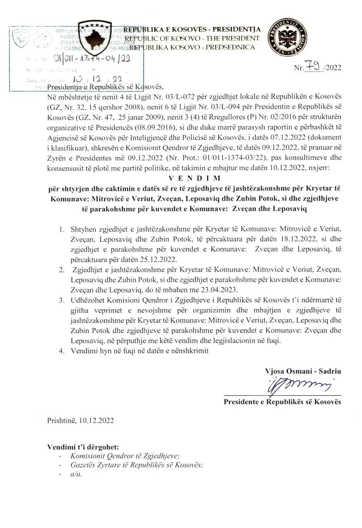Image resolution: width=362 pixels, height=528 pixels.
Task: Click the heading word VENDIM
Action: [194, 178]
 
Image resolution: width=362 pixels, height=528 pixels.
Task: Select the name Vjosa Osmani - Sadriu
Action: [303, 371]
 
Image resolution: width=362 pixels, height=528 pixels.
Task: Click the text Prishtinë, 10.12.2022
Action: [80, 420]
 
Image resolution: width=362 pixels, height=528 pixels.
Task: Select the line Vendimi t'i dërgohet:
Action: [83, 447]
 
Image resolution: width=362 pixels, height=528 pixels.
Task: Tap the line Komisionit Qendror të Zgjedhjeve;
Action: [125, 456]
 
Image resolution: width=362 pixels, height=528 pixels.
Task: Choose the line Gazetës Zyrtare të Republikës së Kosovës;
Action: [137, 465]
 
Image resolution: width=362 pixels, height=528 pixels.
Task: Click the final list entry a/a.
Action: [76, 474]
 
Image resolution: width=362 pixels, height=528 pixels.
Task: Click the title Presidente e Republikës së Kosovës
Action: [282, 402]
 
